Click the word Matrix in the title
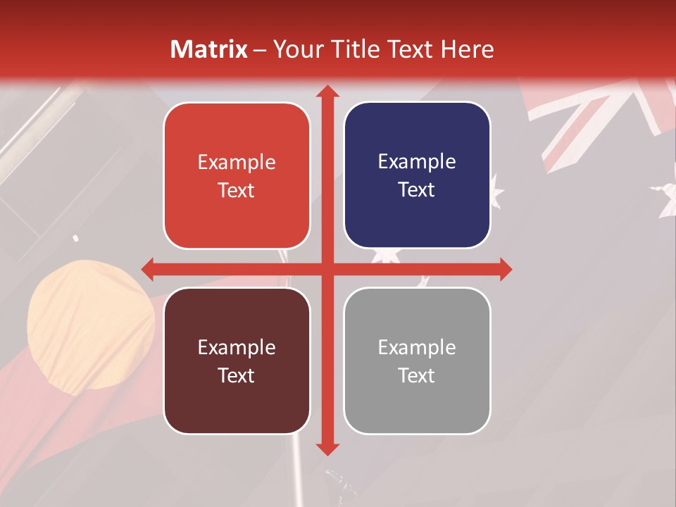tap(210, 49)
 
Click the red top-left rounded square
tap(237, 176)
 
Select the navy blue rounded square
tap(417, 175)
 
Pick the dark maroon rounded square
tap(237, 361)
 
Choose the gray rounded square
tap(417, 361)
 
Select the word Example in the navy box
tap(417, 161)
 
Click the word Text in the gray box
tap(417, 375)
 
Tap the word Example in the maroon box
tap(237, 347)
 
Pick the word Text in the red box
tap(237, 190)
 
